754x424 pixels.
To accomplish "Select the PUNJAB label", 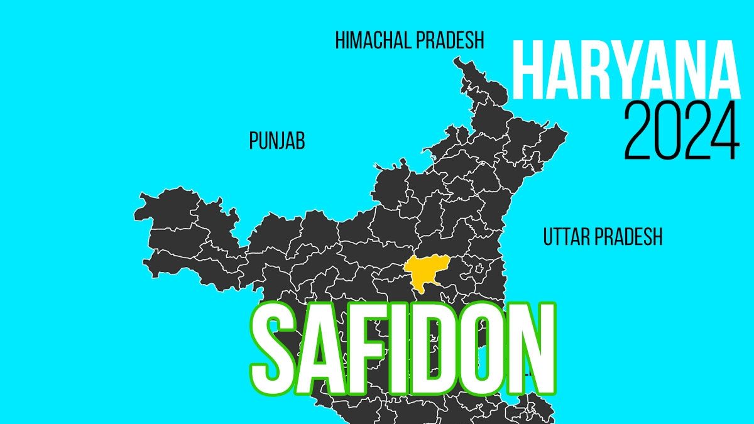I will (x=277, y=141).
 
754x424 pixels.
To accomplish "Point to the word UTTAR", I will (x=564, y=237).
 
